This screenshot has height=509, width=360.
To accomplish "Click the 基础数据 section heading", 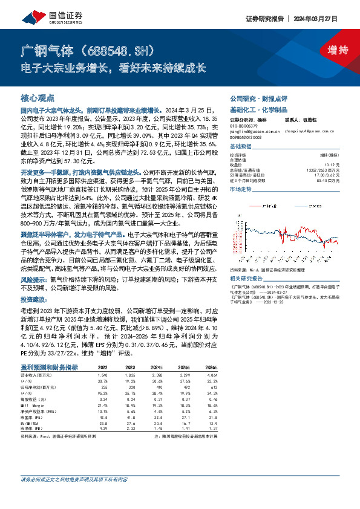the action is tap(243, 147).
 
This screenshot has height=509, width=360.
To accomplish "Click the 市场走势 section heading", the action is tap(243, 189).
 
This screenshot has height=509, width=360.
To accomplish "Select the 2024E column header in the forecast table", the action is tap(157, 367).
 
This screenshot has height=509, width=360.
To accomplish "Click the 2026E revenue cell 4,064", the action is tap(211, 375).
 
